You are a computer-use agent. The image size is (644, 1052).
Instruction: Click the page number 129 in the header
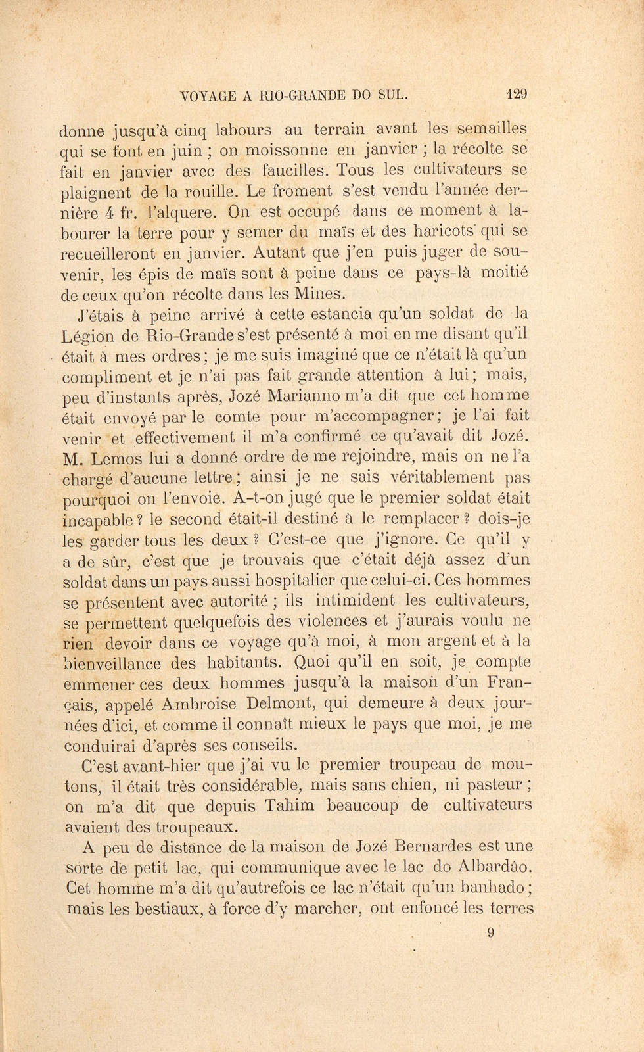pos(517,94)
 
